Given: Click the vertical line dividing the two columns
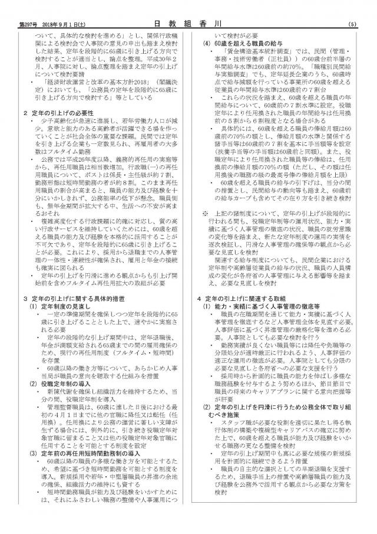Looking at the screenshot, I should [193, 266].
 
